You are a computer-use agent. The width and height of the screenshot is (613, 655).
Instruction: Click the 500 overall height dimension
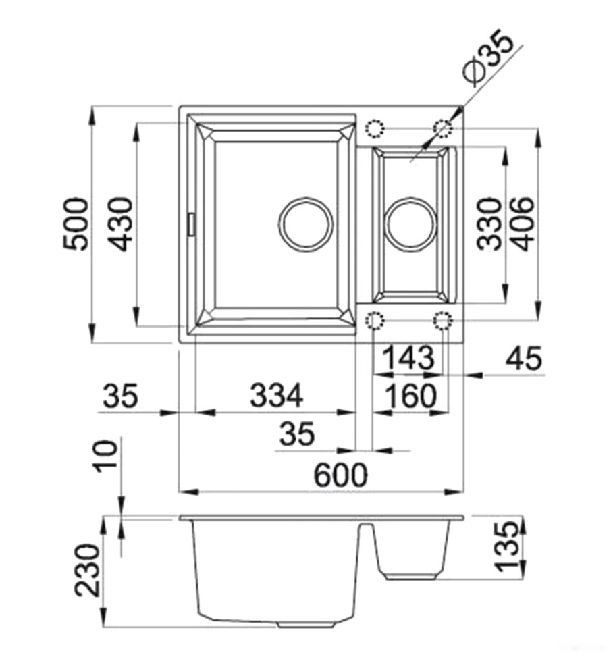tap(76, 224)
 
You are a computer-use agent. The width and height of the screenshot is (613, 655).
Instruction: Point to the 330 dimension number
tap(489, 224)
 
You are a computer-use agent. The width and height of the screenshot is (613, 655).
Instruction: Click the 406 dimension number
tap(523, 224)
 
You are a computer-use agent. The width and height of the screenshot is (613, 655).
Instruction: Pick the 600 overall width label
tap(340, 475)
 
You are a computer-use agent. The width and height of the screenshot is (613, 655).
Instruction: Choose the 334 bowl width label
tap(276, 395)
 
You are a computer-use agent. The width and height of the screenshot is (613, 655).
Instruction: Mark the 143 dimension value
tap(408, 358)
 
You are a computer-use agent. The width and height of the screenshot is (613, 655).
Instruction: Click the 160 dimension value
tap(410, 395)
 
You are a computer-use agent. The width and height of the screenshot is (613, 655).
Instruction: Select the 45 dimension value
tap(524, 358)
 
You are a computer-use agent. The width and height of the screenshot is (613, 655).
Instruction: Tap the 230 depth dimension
tap(88, 569)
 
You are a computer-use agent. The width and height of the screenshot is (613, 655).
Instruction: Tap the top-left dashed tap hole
tap(375, 128)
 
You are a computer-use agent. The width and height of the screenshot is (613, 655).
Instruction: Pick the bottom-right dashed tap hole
tap(443, 320)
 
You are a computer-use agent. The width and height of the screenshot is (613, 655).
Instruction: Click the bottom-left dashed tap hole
tap(375, 320)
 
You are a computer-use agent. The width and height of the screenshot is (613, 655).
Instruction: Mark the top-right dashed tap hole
tap(443, 128)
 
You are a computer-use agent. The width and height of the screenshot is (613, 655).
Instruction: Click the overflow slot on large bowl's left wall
tap(191, 224)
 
